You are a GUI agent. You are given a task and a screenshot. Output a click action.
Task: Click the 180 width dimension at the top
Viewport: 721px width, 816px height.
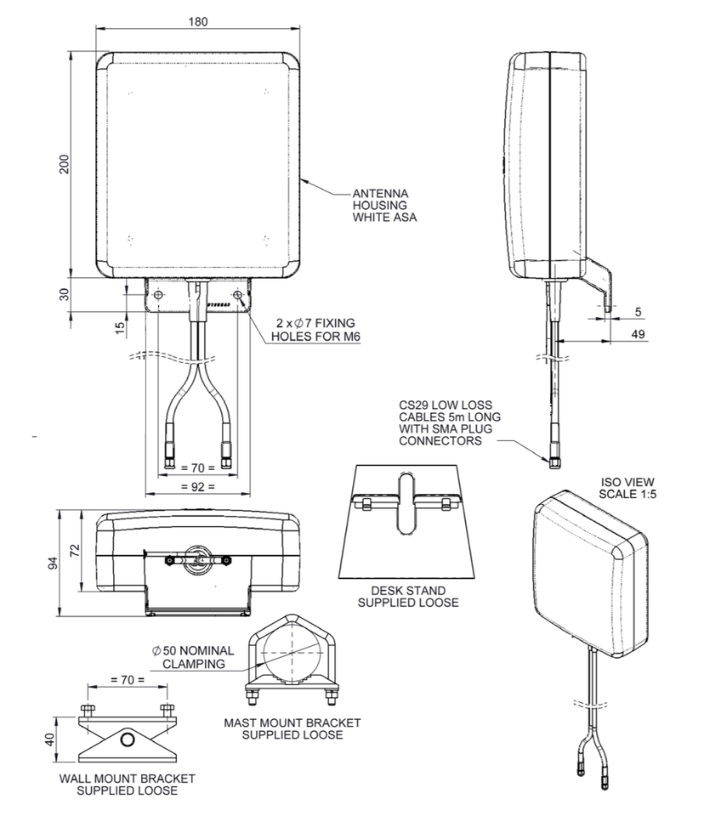(197, 21)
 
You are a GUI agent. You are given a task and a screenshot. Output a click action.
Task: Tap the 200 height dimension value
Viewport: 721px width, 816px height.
(63, 164)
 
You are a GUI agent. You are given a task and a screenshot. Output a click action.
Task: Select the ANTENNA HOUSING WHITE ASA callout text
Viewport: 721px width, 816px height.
(384, 205)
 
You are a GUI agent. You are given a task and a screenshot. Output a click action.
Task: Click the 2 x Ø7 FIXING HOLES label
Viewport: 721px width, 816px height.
(312, 329)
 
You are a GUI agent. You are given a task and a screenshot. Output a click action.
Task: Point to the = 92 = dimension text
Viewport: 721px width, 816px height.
(197, 487)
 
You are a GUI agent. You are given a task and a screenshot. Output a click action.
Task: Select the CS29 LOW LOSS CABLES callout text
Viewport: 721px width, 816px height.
(449, 422)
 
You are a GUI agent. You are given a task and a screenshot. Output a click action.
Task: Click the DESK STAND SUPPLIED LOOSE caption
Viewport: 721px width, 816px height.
(407, 596)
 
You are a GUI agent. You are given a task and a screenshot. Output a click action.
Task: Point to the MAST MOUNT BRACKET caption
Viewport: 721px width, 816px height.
(292, 728)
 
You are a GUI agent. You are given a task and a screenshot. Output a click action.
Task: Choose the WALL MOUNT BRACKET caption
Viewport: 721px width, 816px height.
(127, 784)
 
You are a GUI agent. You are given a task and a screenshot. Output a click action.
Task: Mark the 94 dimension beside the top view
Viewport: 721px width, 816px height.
(54, 563)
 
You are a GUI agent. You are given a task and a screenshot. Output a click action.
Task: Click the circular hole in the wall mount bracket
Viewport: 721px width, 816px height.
(128, 739)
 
